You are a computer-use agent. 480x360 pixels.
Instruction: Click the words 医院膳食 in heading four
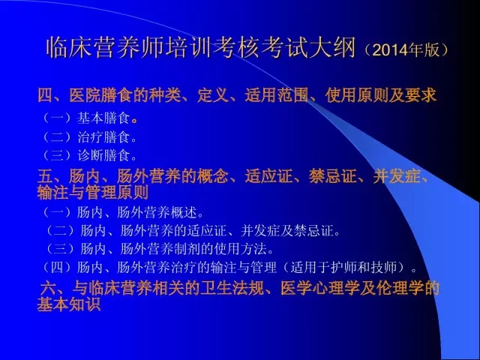[x=101, y=95]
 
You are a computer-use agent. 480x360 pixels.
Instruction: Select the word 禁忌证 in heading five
[x=333, y=176]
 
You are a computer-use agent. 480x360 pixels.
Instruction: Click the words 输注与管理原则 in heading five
[x=93, y=192]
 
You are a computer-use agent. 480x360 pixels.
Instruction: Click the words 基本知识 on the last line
[x=69, y=304]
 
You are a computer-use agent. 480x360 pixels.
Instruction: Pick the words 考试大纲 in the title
[x=310, y=48]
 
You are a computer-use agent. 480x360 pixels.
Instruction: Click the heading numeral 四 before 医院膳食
[x=45, y=95]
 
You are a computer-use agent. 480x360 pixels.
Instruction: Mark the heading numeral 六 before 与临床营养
[x=48, y=288]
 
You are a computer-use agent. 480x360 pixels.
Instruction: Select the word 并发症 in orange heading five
[x=397, y=176]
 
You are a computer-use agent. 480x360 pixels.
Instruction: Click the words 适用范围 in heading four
[x=277, y=95]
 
